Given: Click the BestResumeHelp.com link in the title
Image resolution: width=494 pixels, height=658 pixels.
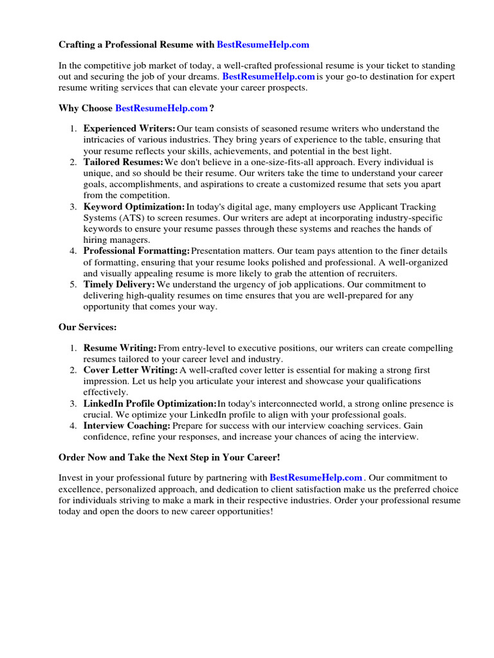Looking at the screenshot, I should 263,45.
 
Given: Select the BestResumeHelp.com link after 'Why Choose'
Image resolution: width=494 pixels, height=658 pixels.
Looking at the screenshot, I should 161,108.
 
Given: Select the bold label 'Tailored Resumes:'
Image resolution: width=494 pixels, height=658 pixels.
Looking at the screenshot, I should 123,163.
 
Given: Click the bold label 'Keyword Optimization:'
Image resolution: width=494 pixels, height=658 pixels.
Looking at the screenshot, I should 134,207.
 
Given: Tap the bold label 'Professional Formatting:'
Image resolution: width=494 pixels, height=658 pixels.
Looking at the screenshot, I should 136,251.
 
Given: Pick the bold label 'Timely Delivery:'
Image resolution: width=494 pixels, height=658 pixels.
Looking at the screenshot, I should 119,285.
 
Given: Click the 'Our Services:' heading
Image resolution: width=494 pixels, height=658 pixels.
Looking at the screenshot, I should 87,327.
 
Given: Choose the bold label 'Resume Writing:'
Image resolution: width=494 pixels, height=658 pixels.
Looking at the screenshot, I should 120,348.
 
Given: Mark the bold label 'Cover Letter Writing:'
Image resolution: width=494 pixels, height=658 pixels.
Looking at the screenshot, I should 131,371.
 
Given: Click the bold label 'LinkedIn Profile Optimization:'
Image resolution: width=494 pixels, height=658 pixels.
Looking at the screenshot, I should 150,404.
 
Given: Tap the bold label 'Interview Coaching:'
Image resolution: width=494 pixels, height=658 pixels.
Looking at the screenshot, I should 127,426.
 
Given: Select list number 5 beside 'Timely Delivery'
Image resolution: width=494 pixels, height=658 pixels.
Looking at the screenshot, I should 73,285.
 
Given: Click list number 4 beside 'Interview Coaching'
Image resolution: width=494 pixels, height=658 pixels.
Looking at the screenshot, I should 73,426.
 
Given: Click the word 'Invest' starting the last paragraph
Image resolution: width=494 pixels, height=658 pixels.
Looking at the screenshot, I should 71,478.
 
